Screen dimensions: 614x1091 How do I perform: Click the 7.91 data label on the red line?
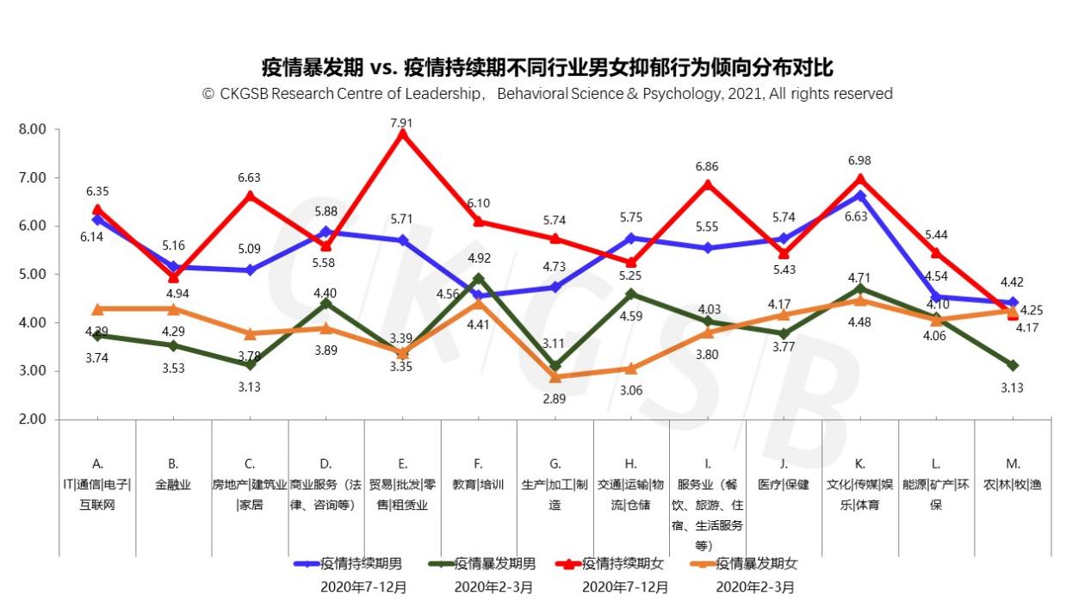pyautogui.click(x=401, y=123)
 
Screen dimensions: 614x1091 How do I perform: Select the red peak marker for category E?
pyautogui.click(x=401, y=133)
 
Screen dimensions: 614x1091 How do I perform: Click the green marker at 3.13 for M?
pyautogui.click(x=1013, y=365)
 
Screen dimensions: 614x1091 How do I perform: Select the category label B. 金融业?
pyautogui.click(x=173, y=474)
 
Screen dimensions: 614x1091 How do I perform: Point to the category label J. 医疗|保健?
pyautogui.click(x=783, y=474)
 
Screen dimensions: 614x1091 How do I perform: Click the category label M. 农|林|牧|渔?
pyautogui.click(x=1013, y=474)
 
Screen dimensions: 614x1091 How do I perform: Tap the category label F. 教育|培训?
pyautogui.click(x=479, y=474)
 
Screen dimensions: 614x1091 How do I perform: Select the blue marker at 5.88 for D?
pyautogui.click(x=325, y=232)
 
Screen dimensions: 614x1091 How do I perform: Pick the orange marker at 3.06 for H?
pyautogui.click(x=631, y=369)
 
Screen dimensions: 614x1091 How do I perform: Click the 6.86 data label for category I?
pyautogui.click(x=707, y=167)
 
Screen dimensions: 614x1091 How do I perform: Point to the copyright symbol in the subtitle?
pyautogui.click(x=208, y=94)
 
